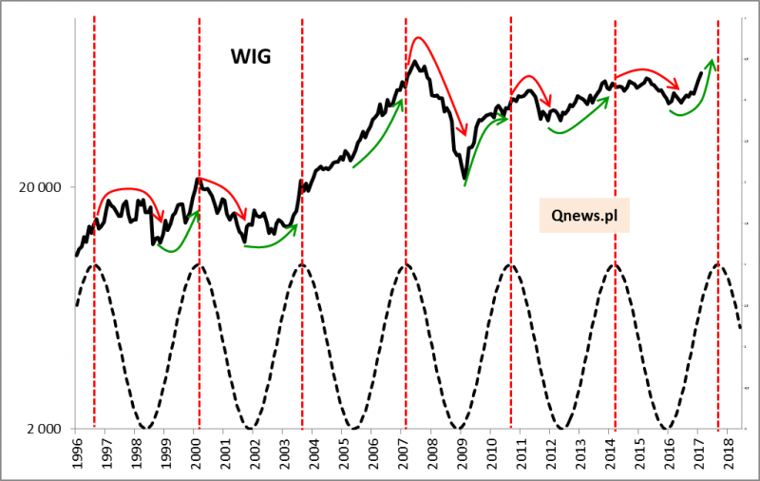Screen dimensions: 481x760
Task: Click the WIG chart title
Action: [251, 57]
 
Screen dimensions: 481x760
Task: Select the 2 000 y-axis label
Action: [46, 429]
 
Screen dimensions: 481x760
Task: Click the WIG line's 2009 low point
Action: [464, 178]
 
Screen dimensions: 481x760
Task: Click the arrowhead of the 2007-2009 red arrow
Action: [464, 134]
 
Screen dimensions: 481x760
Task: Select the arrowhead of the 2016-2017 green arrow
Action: [712, 60]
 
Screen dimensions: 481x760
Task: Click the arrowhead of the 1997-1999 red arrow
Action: [162, 220]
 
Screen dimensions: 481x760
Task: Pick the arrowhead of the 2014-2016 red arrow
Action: [677, 86]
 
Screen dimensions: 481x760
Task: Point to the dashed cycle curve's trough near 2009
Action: [459, 428]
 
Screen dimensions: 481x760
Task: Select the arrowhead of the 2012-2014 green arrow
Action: [609, 95]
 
